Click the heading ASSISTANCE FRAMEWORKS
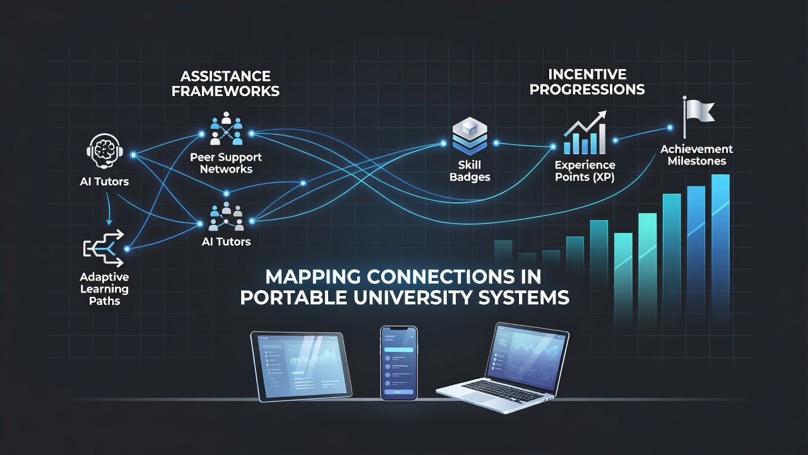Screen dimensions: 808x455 click(x=225, y=84)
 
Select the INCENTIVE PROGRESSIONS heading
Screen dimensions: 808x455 click(x=587, y=82)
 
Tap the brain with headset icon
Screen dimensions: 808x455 click(x=105, y=151)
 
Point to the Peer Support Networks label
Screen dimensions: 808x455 click(x=226, y=163)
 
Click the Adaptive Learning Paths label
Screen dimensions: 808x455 click(x=104, y=289)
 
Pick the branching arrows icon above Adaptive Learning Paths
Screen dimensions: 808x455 click(x=104, y=248)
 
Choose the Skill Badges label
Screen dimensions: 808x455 click(x=470, y=171)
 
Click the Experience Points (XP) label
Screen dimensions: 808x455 click(x=585, y=171)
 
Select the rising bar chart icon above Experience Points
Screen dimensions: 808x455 click(x=585, y=133)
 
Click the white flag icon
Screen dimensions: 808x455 click(x=698, y=116)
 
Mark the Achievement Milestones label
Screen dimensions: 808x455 click(x=696, y=155)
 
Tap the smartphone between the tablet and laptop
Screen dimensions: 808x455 click(x=399, y=363)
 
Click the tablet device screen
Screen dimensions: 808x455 click(x=301, y=365)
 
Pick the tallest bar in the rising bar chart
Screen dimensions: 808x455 click(x=720, y=249)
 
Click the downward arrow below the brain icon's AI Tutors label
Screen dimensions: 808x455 click(x=109, y=209)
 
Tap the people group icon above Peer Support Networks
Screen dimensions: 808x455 click(x=226, y=128)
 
